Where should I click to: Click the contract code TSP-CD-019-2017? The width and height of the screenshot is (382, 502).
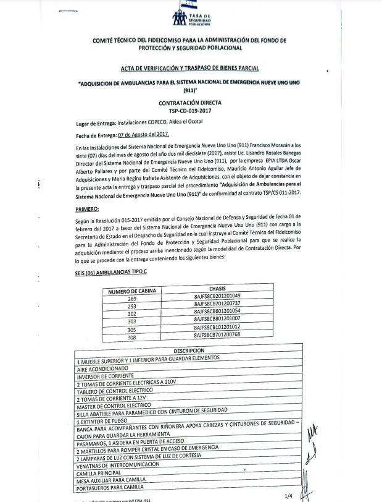(x=190, y=111)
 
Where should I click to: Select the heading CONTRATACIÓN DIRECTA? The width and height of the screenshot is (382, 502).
(x=190, y=103)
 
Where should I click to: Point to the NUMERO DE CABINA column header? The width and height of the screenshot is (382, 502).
(x=133, y=290)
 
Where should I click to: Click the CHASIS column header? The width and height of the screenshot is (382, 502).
(x=217, y=289)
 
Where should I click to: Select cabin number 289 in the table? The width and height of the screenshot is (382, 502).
(x=131, y=297)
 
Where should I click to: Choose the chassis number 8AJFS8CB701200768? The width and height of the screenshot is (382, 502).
(x=217, y=334)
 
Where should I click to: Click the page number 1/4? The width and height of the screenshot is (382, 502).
(x=288, y=495)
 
